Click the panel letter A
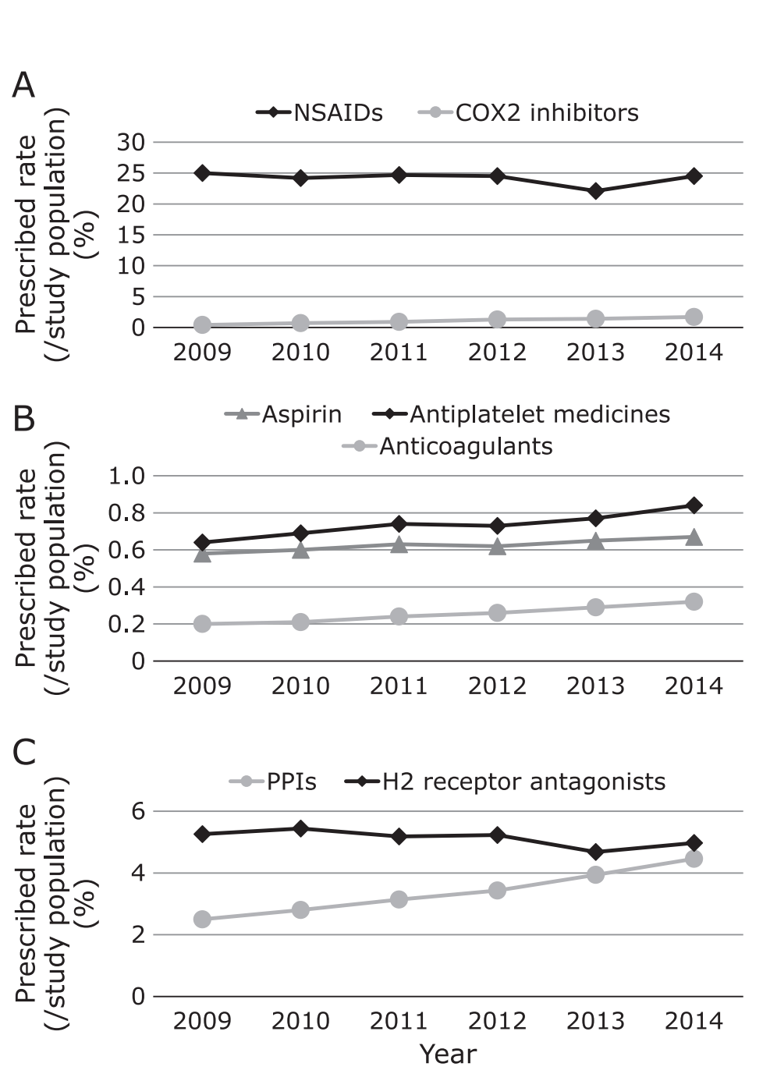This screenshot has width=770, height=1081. click(23, 85)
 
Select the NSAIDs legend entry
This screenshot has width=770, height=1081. click(320, 113)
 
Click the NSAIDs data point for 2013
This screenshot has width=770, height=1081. click(596, 191)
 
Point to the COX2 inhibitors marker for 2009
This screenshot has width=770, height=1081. click(203, 324)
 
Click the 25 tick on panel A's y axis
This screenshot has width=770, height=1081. click(131, 173)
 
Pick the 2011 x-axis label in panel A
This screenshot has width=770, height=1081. click(399, 353)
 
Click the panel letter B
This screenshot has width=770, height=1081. click(23, 419)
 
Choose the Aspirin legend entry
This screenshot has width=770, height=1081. click(284, 414)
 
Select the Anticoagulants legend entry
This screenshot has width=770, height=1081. click(448, 446)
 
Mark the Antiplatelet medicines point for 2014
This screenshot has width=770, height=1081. click(694, 505)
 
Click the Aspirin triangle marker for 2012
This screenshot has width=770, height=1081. click(498, 546)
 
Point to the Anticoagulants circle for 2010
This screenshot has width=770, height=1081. click(301, 622)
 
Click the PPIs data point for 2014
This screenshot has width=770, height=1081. click(694, 859)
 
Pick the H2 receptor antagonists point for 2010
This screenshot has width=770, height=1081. click(301, 828)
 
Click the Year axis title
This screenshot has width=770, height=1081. click(448, 1054)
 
